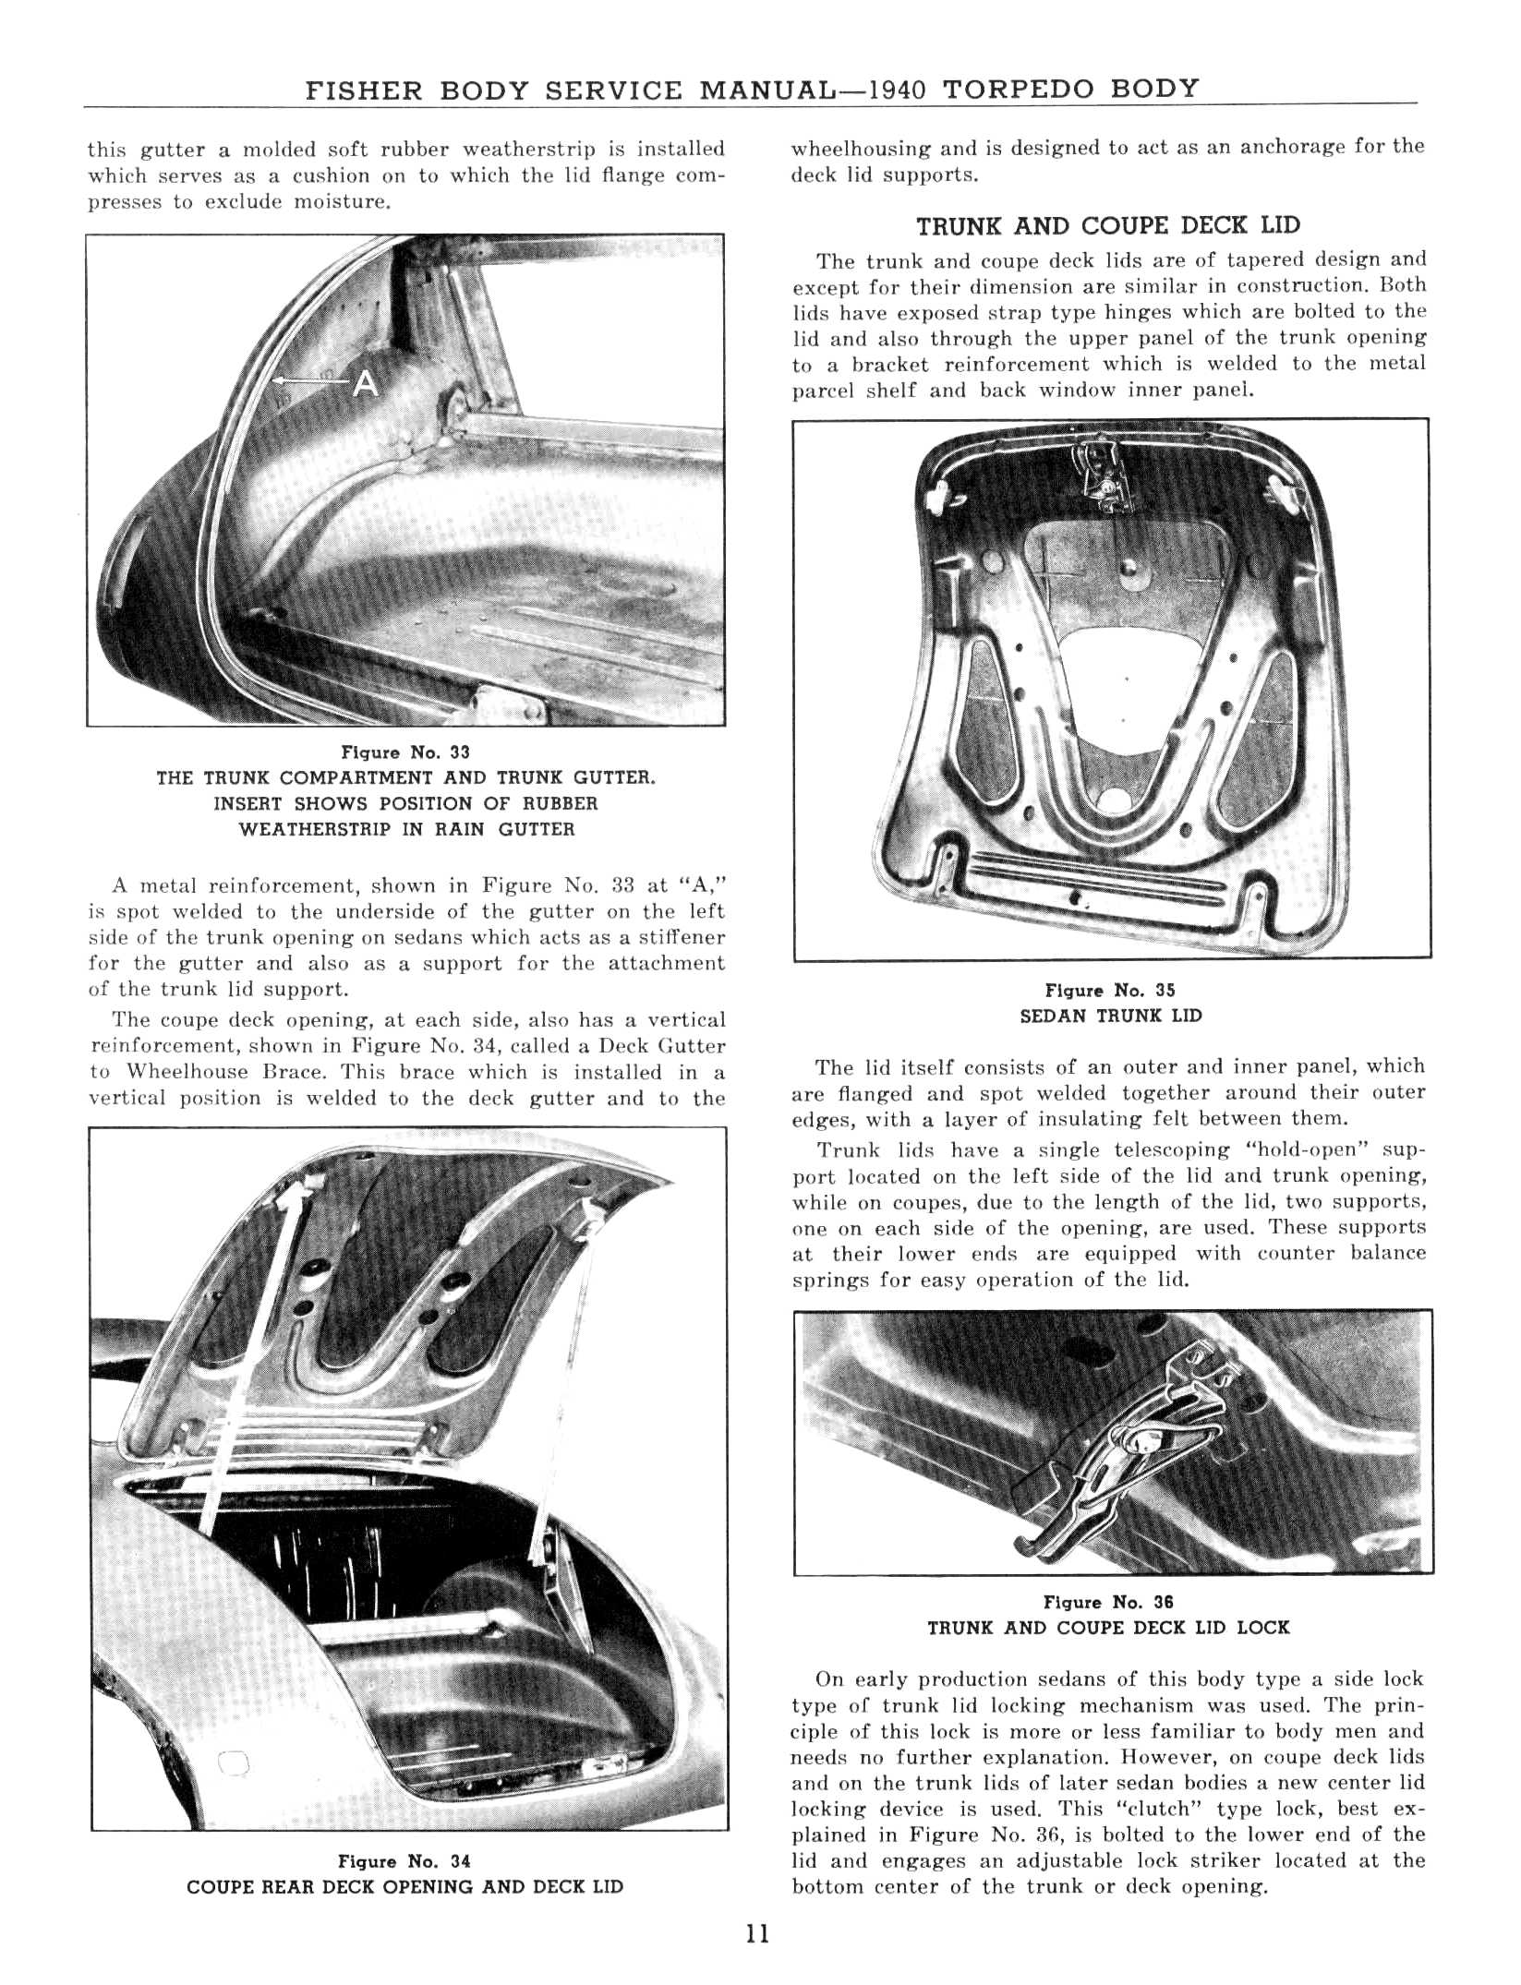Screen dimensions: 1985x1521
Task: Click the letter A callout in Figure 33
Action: (x=366, y=383)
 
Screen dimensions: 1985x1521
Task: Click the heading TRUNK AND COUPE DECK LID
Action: (x=1107, y=226)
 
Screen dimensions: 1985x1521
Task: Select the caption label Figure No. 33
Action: (x=405, y=752)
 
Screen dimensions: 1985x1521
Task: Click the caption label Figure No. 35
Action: (x=1110, y=991)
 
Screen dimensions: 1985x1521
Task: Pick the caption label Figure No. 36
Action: (x=1108, y=1602)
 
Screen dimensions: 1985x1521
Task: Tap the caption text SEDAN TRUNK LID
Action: (x=1110, y=1017)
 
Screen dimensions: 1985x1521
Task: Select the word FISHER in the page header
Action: (x=364, y=90)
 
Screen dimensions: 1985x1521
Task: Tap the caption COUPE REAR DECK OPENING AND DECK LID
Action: (x=404, y=1887)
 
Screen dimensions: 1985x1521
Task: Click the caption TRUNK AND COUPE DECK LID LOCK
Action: (x=1108, y=1628)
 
